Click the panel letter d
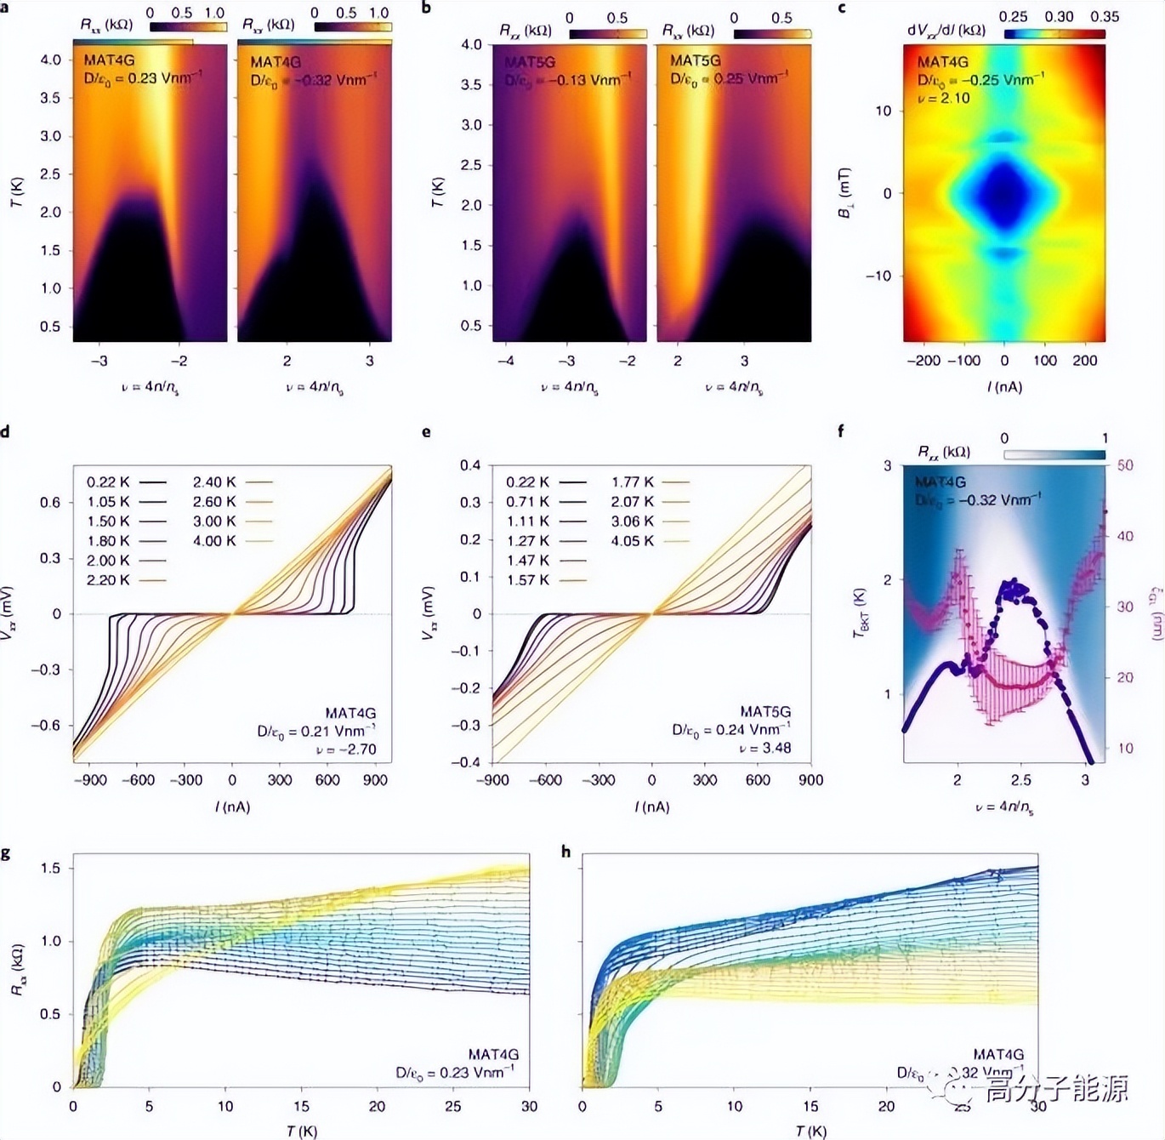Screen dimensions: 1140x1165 coord(5,432)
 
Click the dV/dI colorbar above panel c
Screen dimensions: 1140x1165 coord(1054,34)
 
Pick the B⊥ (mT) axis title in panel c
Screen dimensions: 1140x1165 coord(845,193)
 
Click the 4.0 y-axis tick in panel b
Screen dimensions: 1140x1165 coord(471,45)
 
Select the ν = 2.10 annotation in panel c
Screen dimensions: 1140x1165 coord(943,98)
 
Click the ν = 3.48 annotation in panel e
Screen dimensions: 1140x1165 coord(764,748)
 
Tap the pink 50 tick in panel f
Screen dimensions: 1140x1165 coord(1125,465)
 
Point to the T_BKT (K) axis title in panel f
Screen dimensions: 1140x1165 coord(861,612)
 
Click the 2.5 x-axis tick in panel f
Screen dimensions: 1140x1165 coord(1020,780)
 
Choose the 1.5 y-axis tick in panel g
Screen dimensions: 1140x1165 coord(50,869)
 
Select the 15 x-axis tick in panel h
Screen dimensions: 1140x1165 coord(810,1106)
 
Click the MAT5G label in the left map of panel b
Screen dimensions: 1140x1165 coord(529,62)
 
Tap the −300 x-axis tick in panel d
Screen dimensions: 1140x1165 coord(185,780)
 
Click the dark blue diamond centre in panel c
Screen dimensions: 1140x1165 coord(1004,193)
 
